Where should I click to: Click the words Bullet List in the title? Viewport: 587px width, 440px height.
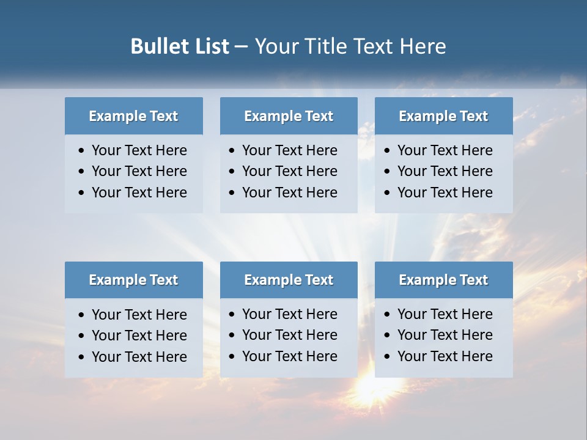coord(179,46)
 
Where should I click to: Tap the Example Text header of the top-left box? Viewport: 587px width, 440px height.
coord(133,116)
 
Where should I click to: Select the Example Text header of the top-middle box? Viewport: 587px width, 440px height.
coord(289,116)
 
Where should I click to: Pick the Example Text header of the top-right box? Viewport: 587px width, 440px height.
coord(443,116)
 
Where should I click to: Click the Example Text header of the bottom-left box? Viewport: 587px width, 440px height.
coord(133,280)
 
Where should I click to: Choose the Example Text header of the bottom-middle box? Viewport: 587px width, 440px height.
coord(289,280)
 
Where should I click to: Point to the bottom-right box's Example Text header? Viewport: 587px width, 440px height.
coord(443,280)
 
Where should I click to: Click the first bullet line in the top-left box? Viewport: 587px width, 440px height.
coord(139,150)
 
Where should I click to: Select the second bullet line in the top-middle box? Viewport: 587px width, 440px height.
coord(289,171)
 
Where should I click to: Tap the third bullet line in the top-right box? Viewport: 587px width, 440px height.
coord(445,193)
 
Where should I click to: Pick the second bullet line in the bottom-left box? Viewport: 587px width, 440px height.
coord(139,335)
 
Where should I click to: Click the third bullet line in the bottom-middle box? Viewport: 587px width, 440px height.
coord(289,356)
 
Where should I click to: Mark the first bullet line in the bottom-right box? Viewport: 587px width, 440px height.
coord(445,314)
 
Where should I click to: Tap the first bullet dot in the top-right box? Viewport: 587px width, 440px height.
coord(388,151)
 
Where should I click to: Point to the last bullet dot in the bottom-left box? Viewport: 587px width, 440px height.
coord(82,358)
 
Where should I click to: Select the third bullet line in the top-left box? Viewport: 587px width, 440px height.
coord(139,193)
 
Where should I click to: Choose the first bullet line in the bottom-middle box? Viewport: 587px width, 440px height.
coord(289,314)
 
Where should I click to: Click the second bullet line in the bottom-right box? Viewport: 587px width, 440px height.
coord(445,335)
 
